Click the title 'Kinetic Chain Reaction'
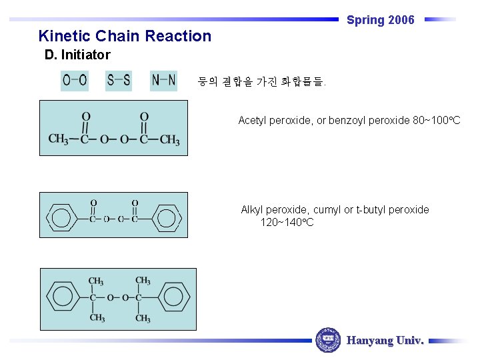tap(125, 36)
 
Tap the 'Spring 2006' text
tap(380, 20)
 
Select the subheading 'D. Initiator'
tap(77, 55)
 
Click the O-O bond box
tap(75, 81)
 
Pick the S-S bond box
tap(119, 81)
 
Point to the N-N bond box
tap(163, 81)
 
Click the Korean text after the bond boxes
tap(261, 83)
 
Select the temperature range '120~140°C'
tap(287, 222)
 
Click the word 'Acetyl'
tap(253, 121)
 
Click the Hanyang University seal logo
tap(327, 340)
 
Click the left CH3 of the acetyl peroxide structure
tap(58, 139)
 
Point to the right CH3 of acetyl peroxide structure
tap(169, 139)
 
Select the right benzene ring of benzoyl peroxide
tap(167, 219)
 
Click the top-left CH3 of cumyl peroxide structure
tap(96, 281)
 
